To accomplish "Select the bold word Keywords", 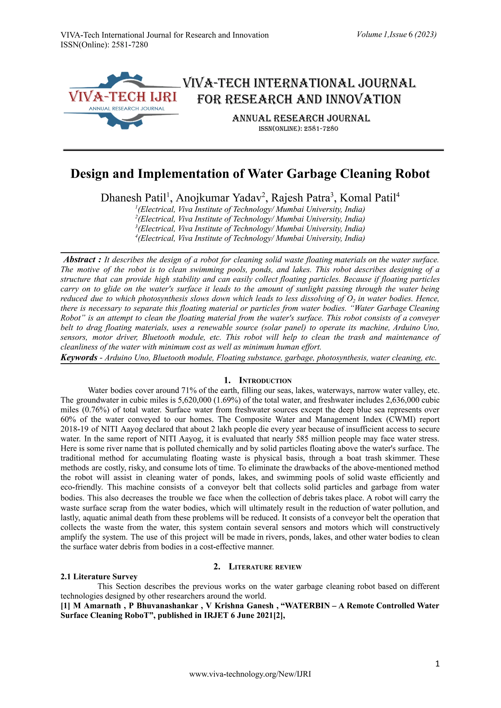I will click(x=79, y=358).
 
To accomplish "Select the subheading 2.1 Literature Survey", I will click(x=99, y=577).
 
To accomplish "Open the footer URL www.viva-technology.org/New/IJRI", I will click(x=250, y=683).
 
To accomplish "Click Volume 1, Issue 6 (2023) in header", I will click(x=396, y=35).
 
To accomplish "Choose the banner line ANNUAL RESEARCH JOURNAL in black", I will click(x=301, y=118).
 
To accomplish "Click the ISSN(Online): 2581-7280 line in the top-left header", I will click(x=104, y=45).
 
